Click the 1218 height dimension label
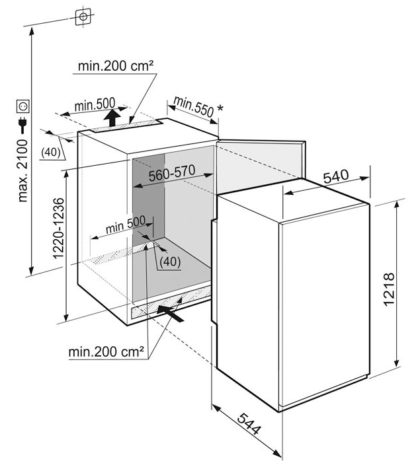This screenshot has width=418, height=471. point(389,289)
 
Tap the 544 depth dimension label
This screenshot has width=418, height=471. point(249,424)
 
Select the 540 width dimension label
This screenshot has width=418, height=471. point(336,176)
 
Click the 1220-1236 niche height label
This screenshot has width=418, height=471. point(58,229)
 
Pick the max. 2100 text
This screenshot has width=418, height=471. point(23,170)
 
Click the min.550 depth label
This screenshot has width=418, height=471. point(194,106)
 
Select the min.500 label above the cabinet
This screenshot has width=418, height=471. point(95,105)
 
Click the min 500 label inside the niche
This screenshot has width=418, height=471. point(126,225)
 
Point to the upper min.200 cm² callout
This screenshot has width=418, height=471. point(116,66)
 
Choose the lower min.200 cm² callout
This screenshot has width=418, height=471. point(106,351)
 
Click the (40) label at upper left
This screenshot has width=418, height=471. point(50,153)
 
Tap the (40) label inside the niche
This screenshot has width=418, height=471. point(170,262)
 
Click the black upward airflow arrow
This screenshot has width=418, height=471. point(113,118)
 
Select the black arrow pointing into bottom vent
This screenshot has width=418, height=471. point(170,313)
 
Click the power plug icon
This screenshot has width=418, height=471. point(23,125)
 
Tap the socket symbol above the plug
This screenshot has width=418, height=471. point(23,106)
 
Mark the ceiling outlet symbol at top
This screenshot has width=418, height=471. point(83,17)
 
